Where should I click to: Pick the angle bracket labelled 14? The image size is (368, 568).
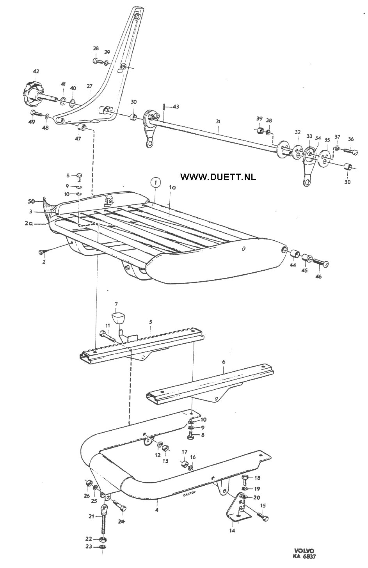235,509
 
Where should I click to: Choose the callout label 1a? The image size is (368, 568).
172,188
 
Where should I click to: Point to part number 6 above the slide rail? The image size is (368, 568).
224,362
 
